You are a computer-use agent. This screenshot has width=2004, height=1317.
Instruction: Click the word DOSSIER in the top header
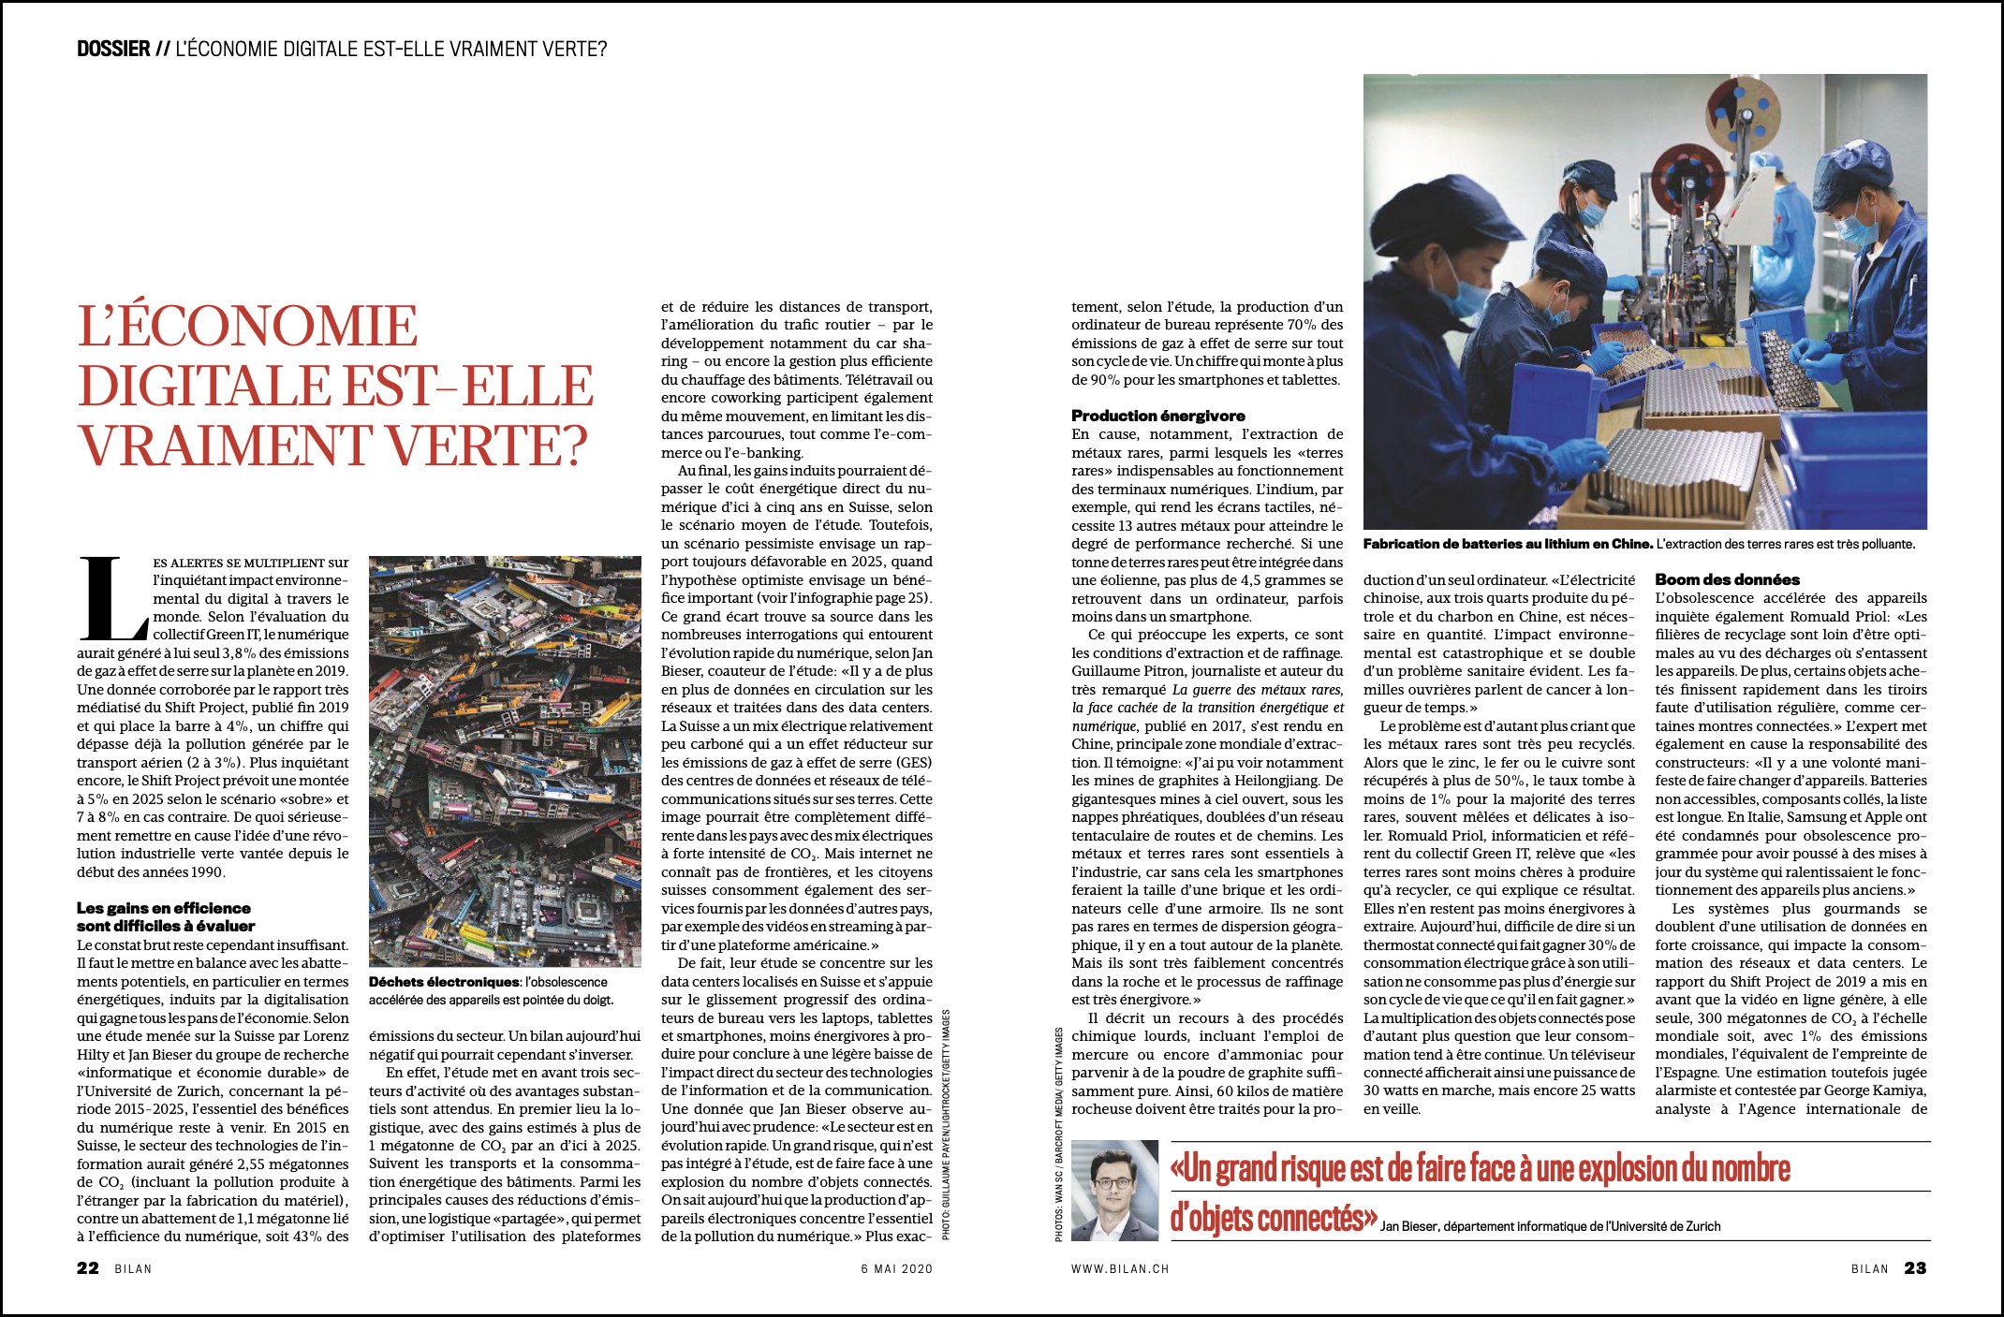(x=113, y=49)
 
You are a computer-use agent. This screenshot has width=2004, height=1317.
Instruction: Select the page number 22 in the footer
(x=88, y=1268)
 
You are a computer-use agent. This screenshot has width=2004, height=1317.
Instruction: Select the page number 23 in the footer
(x=1915, y=1268)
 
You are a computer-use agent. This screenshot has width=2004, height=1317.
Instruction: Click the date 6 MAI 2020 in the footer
(x=896, y=1269)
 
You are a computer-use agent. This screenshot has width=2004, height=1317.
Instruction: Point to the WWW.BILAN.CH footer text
(x=1120, y=1269)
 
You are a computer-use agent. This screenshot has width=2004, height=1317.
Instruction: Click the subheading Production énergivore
(x=1157, y=416)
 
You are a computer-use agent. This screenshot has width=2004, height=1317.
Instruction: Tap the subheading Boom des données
(x=1727, y=579)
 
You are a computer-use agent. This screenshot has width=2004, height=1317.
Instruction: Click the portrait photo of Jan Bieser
(x=1114, y=1191)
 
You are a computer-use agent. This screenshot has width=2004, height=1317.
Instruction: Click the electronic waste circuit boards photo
(x=505, y=760)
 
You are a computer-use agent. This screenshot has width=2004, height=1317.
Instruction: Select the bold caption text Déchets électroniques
(x=444, y=982)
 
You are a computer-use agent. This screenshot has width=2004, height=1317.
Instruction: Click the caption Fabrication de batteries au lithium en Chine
(x=1508, y=544)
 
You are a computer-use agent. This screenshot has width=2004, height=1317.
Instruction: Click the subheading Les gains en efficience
(x=164, y=908)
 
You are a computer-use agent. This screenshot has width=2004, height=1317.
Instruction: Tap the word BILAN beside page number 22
(x=133, y=1269)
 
